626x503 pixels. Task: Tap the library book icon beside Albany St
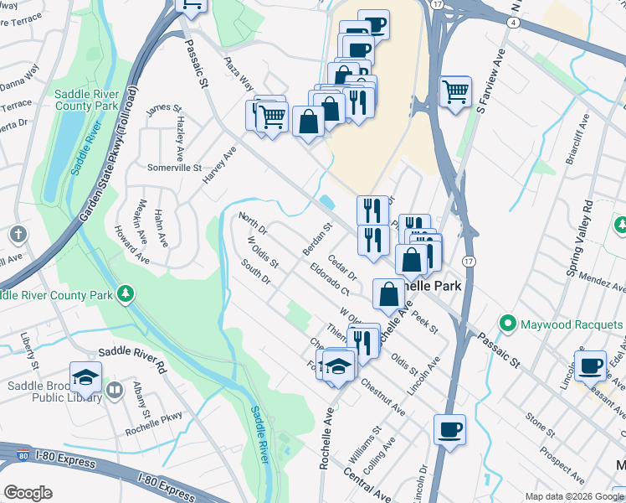click(115, 390)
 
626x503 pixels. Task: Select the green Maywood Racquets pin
click(507, 323)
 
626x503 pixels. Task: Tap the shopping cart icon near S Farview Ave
click(455, 91)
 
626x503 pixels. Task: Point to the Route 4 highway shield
click(511, 23)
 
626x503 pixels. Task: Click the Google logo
click(28, 493)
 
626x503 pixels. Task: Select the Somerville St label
click(175, 168)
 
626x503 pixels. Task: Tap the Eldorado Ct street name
click(328, 280)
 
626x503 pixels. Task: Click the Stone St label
click(541, 424)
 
